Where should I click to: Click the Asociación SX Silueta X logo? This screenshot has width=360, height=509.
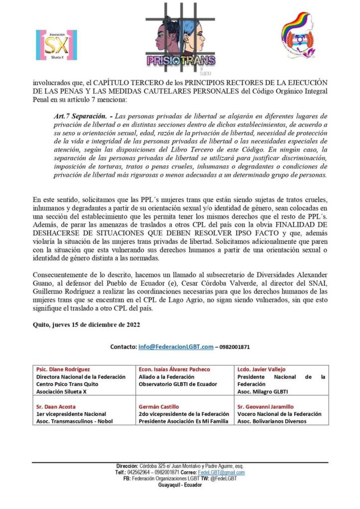56,45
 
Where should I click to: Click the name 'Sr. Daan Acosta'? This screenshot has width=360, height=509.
56,407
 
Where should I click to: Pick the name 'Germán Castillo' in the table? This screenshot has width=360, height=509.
158,407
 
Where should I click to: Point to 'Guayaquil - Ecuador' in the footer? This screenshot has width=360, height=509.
180,485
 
